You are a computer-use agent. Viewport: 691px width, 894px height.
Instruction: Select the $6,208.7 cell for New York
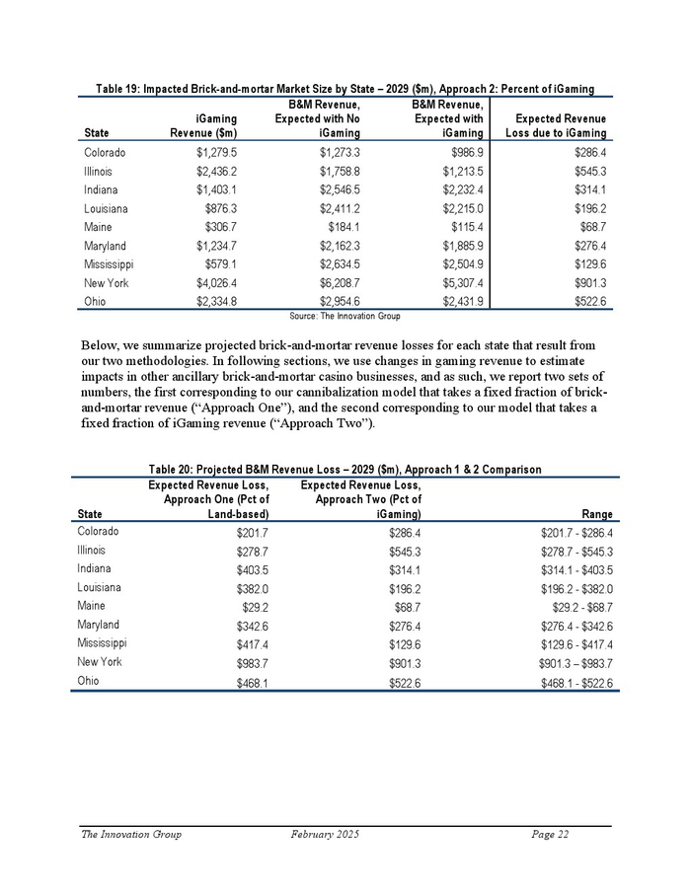point(339,283)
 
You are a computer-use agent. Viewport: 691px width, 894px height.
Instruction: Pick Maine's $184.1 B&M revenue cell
point(345,228)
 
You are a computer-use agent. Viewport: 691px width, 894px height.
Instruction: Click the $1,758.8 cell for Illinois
point(339,172)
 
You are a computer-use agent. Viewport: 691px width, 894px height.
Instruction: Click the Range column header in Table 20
point(597,514)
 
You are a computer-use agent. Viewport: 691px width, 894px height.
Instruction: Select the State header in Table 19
point(97,133)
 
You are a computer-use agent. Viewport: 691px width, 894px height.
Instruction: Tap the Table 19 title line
point(345,90)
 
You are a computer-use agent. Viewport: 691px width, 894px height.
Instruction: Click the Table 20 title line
point(345,469)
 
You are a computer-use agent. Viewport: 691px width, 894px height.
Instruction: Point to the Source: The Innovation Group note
point(345,316)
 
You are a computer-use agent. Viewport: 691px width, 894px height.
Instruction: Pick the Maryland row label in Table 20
point(99,625)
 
